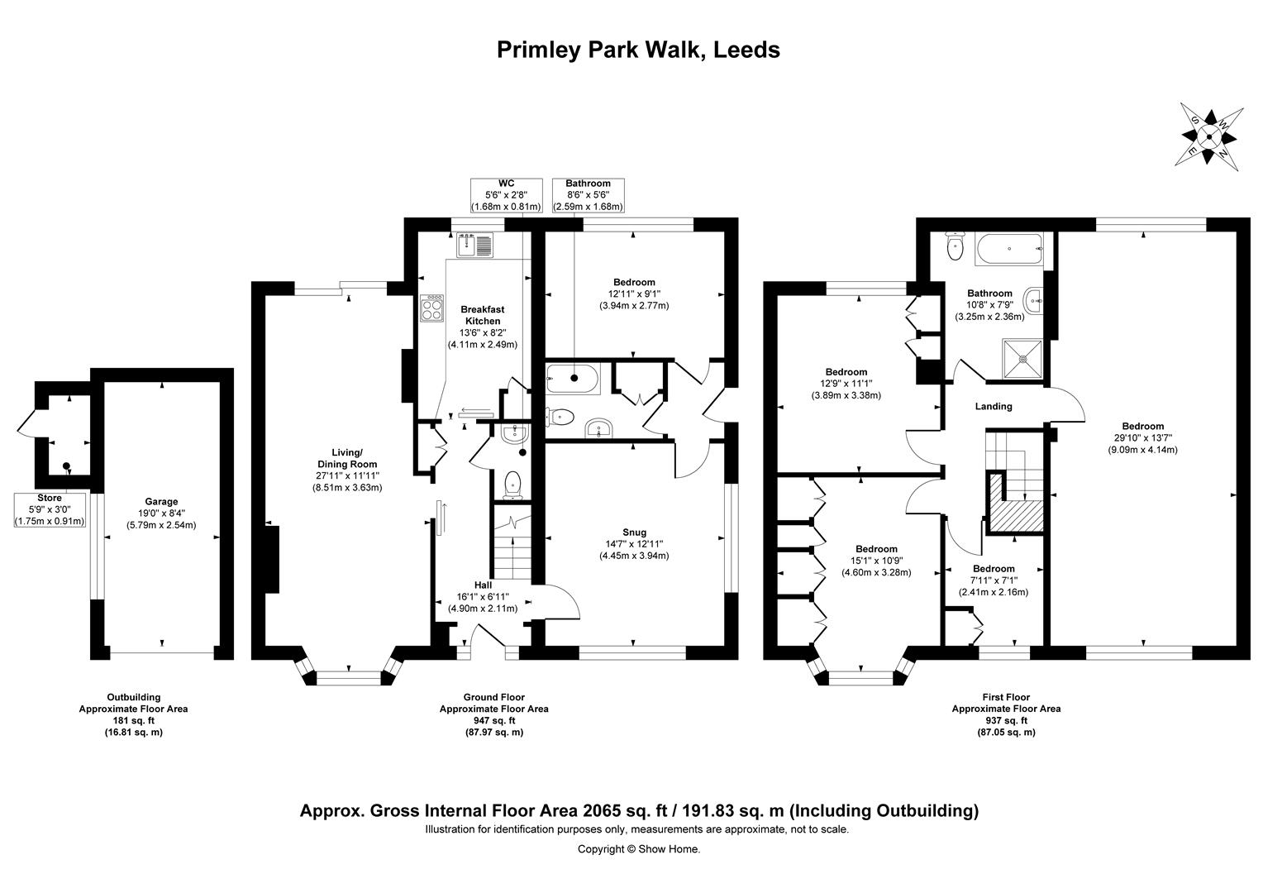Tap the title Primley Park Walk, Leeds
(638, 50)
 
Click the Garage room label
(161, 501)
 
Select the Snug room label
(634, 532)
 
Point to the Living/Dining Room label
(347, 458)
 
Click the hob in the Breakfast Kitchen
(431, 308)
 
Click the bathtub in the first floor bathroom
(1010, 248)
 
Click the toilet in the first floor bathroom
(956, 247)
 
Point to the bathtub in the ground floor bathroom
(573, 379)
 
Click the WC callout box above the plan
(506, 195)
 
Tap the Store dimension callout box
(50, 509)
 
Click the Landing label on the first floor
(994, 406)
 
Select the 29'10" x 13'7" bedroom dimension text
(1142, 438)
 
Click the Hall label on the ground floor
(483, 585)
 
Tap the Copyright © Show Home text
(638, 848)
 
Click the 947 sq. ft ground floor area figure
(493, 720)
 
